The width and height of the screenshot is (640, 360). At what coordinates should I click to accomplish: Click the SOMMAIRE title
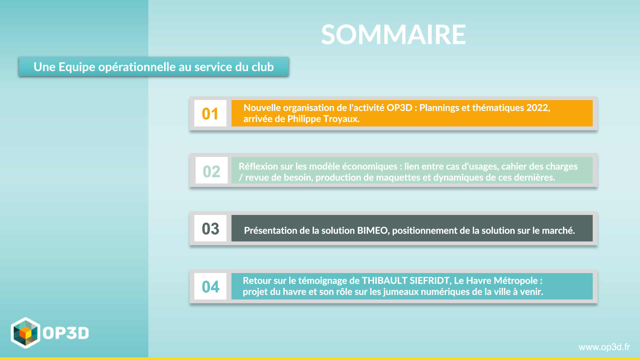click(x=393, y=34)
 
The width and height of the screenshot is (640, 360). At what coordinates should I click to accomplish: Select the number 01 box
click(x=210, y=113)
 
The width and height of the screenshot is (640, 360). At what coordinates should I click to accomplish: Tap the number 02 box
click(x=211, y=170)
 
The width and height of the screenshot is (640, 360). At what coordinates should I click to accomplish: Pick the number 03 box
click(x=210, y=228)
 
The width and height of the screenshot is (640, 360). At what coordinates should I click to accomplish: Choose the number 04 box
click(x=210, y=286)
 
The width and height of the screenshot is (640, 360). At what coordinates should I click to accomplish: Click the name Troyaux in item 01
click(x=341, y=119)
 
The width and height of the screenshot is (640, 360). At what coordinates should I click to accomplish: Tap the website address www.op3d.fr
click(x=604, y=347)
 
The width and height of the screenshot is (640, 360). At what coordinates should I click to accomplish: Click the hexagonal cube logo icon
click(x=26, y=333)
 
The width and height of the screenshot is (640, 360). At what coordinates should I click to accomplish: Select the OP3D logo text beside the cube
click(x=66, y=333)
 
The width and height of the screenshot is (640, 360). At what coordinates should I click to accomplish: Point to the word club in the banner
click(x=263, y=67)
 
